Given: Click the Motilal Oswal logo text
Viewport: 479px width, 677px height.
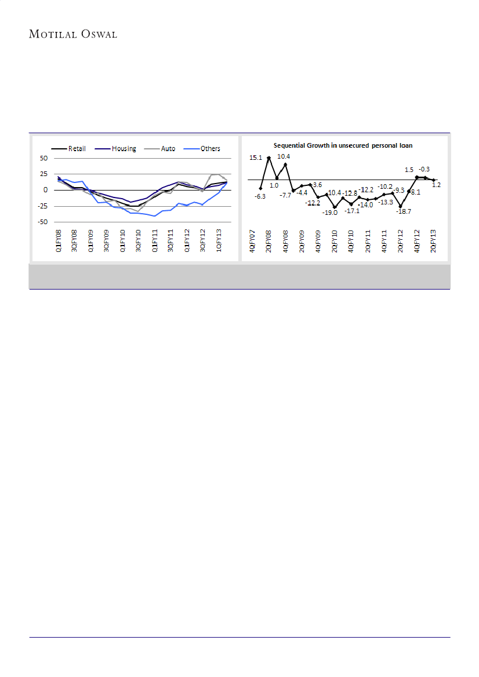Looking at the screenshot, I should point(73,34).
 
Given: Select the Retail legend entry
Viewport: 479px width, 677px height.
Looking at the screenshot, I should point(75,149).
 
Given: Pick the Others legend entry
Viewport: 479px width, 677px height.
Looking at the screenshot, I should point(210,149).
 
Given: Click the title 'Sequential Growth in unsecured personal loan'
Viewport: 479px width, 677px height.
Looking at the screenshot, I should point(347,145).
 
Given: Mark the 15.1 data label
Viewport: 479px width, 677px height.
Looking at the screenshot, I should point(256,157).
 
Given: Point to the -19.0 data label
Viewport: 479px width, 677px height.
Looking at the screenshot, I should point(329,212).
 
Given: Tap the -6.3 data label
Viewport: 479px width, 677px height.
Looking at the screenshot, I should point(260,197).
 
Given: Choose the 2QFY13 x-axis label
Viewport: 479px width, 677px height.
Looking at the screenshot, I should point(433,241).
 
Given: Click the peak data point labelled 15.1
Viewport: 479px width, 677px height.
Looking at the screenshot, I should point(269,158).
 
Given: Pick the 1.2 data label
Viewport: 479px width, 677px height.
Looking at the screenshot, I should point(436,184).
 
